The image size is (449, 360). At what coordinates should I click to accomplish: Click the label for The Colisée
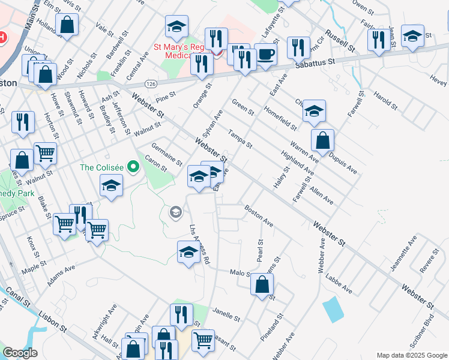(x=103, y=167)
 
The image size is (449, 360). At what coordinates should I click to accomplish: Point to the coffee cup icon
(x=266, y=55)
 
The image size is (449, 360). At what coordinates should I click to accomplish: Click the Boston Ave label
(x=259, y=216)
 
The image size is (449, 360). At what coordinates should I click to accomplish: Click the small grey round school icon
(x=175, y=212)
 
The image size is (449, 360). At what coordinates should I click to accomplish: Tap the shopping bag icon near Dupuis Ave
(x=323, y=140)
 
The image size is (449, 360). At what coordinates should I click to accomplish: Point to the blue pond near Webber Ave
(x=332, y=309)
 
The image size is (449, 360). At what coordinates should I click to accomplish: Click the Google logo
(x=20, y=353)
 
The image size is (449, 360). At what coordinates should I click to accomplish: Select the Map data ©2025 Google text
(x=412, y=355)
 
